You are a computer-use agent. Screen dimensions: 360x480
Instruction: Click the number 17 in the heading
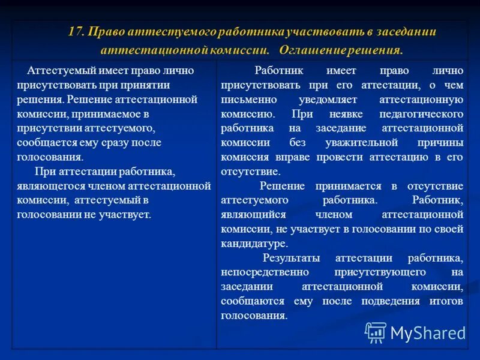tap(76, 32)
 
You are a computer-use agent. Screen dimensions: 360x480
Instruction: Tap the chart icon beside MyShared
tap(376, 332)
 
